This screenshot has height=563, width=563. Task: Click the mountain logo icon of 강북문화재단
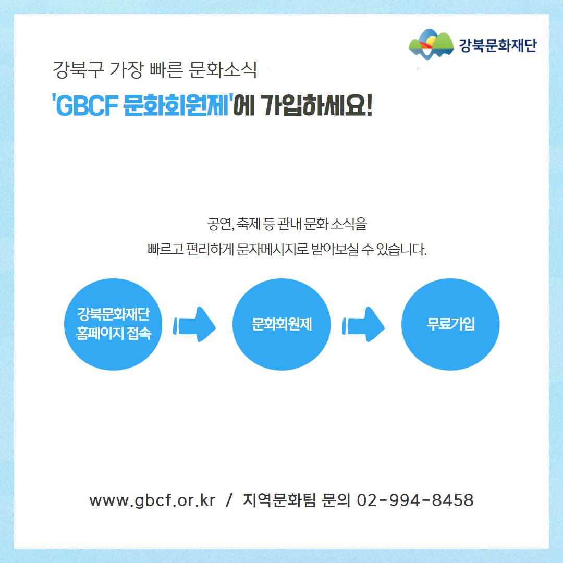(431, 44)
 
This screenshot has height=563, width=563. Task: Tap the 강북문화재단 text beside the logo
(498, 45)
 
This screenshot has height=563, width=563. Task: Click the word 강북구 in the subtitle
(78, 70)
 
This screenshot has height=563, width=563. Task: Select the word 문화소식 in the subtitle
(223, 70)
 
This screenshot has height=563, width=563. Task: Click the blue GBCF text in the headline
(87, 106)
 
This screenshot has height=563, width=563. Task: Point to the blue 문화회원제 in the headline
(176, 105)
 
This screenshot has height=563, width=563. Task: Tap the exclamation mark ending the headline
(369, 105)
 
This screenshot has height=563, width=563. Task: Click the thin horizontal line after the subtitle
(343, 70)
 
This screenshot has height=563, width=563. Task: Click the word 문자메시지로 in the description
(273, 249)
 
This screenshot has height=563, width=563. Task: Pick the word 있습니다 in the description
(401, 249)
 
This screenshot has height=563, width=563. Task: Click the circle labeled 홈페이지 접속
(113, 324)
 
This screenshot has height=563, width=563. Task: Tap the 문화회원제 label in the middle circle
(282, 324)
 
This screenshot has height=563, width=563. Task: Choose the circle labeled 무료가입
(450, 324)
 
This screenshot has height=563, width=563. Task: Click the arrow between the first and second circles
(194, 325)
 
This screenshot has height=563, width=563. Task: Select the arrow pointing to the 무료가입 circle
(363, 325)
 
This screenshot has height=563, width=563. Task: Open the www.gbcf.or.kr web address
(152, 500)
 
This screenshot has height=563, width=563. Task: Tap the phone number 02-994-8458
(415, 500)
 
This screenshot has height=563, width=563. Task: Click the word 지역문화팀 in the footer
(279, 500)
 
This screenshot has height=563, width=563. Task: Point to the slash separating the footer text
(229, 500)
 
